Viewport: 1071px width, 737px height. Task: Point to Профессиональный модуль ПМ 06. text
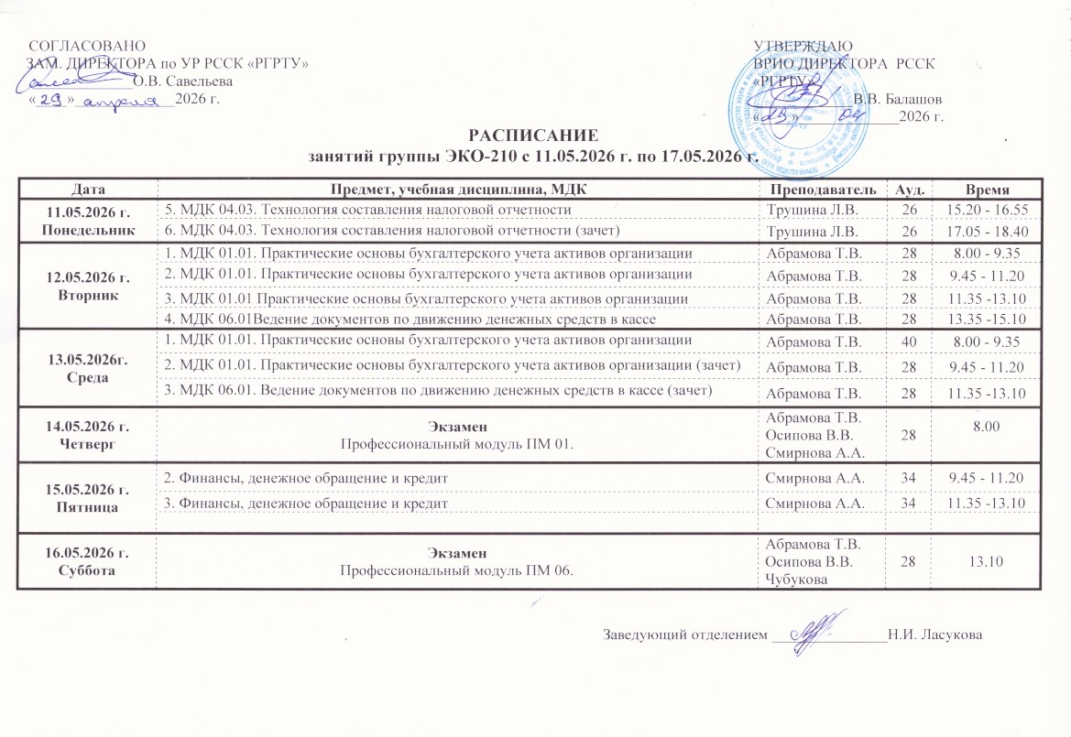tap(456, 570)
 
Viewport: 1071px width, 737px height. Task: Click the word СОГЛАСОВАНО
tap(87, 45)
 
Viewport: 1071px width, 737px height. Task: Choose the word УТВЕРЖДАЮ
tap(803, 45)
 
